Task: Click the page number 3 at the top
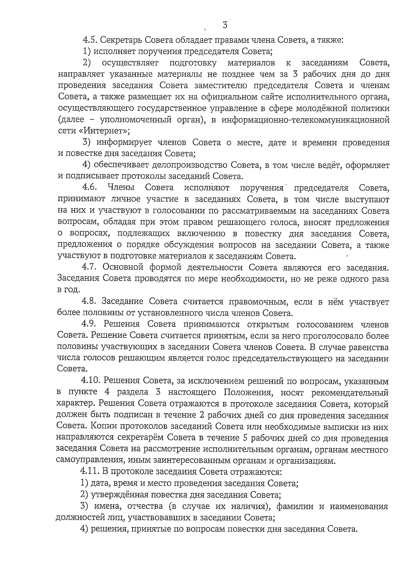click(225, 25)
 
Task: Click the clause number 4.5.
click(91, 40)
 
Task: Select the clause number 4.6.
click(90, 188)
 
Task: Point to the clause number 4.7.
click(90, 267)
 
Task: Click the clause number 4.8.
click(90, 301)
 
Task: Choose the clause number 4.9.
click(90, 324)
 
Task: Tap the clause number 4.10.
click(91, 381)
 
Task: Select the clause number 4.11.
click(90, 472)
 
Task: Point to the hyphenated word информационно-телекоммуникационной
click(306, 120)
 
